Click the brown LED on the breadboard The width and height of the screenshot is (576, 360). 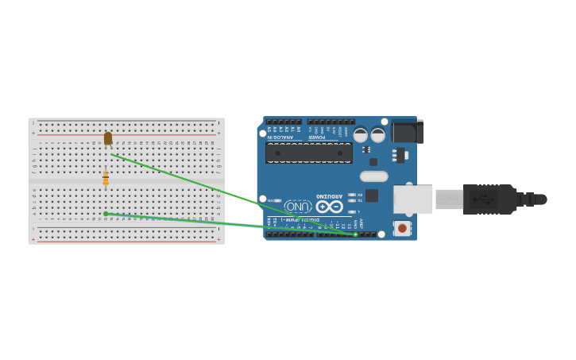click(108, 138)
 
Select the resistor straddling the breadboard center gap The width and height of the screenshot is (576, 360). click(106, 179)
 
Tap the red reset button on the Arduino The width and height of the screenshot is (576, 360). click(402, 228)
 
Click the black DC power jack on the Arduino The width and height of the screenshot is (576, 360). click(408, 131)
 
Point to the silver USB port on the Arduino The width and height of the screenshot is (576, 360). click(413, 199)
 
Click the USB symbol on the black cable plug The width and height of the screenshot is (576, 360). click(481, 199)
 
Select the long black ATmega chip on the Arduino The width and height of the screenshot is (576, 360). click(309, 153)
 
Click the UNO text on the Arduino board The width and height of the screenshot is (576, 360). click(298, 207)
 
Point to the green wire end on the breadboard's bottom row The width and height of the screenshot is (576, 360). click(106, 213)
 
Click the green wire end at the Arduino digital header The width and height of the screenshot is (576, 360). click(355, 234)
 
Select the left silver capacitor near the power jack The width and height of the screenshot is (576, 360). click(361, 135)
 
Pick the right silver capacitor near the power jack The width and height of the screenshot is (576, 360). click(378, 135)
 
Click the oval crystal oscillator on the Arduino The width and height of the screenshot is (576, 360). click(374, 176)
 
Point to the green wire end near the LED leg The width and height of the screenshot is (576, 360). click(111, 154)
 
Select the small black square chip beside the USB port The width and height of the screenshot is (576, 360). click(372, 195)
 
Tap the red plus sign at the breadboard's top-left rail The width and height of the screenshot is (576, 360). click(33, 134)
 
